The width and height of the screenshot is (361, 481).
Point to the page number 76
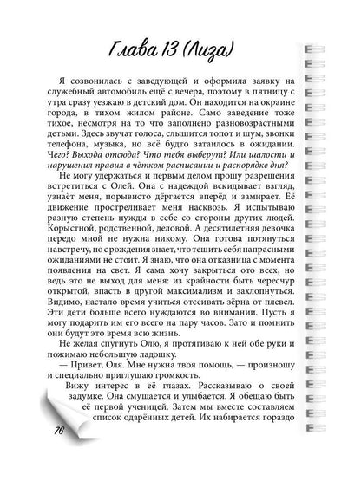click(61, 453)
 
